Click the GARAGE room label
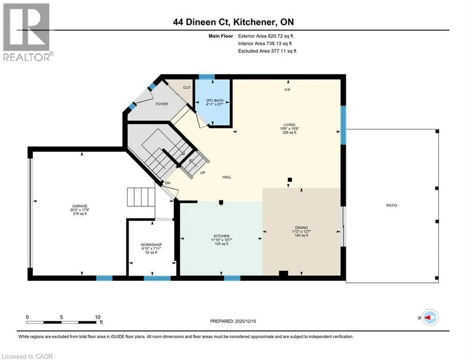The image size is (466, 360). [80, 206]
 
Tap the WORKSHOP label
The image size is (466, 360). [151, 245]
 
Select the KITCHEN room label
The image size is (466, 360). [222, 236]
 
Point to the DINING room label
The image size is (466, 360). [301, 228]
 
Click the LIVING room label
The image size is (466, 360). [289, 125]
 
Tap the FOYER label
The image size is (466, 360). [162, 104]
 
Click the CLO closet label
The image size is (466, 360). [187, 88]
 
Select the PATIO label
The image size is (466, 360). [392, 205]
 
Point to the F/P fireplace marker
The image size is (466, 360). [287, 90]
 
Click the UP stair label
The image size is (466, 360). [203, 172]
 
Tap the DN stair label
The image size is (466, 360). [168, 183]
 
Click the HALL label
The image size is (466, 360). [227, 177]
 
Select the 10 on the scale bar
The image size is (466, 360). [98, 317]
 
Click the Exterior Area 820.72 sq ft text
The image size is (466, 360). [266, 36]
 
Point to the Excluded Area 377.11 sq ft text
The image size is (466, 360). [267, 51]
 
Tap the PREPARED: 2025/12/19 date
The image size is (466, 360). [233, 321]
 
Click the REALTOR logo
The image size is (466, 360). [28, 32]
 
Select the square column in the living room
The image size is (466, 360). [290, 180]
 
